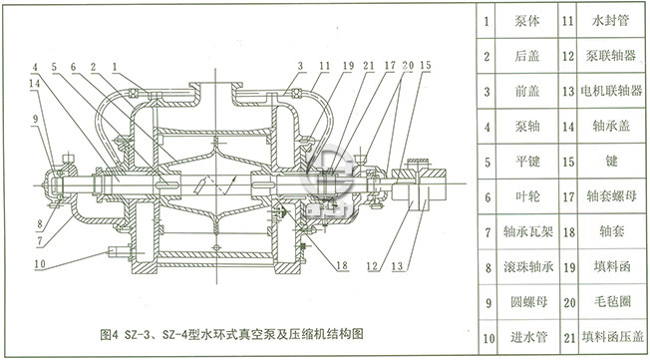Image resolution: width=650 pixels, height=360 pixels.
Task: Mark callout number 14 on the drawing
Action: coord(34,86)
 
